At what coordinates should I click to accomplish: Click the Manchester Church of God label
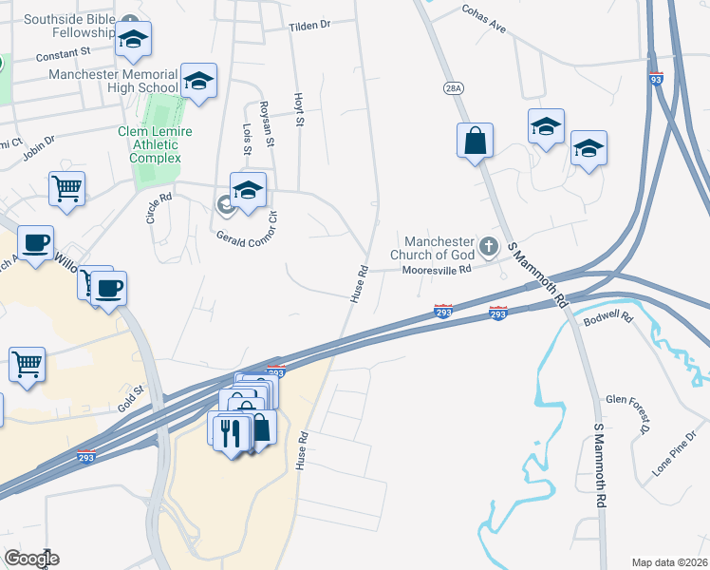click(x=438, y=248)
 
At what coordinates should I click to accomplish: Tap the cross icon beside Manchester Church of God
click(x=489, y=247)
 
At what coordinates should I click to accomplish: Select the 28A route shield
click(x=453, y=87)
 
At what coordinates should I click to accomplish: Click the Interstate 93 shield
click(x=656, y=80)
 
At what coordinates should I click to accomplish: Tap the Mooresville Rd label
click(x=437, y=270)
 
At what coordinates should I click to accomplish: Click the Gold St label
click(x=130, y=397)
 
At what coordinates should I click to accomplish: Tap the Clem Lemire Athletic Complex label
click(x=148, y=144)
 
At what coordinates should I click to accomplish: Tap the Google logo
click(x=31, y=559)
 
